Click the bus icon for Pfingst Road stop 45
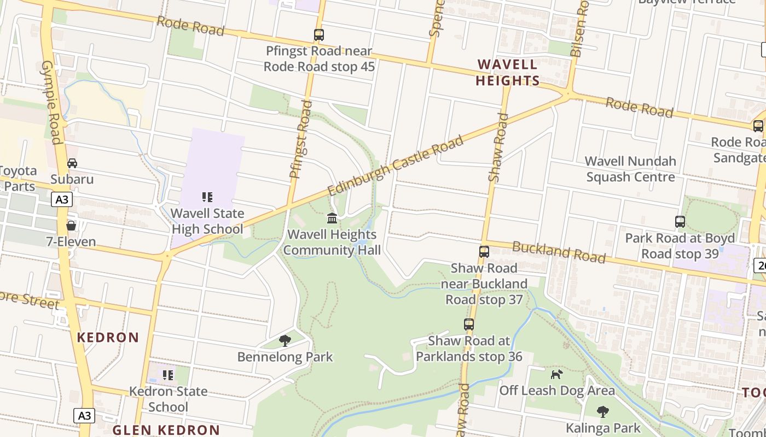(319, 35)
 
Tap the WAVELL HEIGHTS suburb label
(507, 73)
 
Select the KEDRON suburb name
(108, 337)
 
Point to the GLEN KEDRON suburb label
(166, 430)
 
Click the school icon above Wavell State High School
(207, 197)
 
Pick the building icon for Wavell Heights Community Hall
(332, 218)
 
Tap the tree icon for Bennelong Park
(285, 341)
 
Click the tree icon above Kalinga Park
(603, 411)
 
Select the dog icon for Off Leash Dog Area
(556, 374)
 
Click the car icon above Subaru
(72, 163)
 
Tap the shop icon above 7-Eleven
(71, 226)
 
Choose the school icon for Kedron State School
(168, 375)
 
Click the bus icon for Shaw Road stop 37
(484, 252)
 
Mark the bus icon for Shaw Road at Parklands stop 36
(469, 324)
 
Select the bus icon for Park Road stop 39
(680, 222)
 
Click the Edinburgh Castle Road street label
(396, 165)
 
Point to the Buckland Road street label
(559, 252)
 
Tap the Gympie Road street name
(50, 102)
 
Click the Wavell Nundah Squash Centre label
(630, 169)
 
